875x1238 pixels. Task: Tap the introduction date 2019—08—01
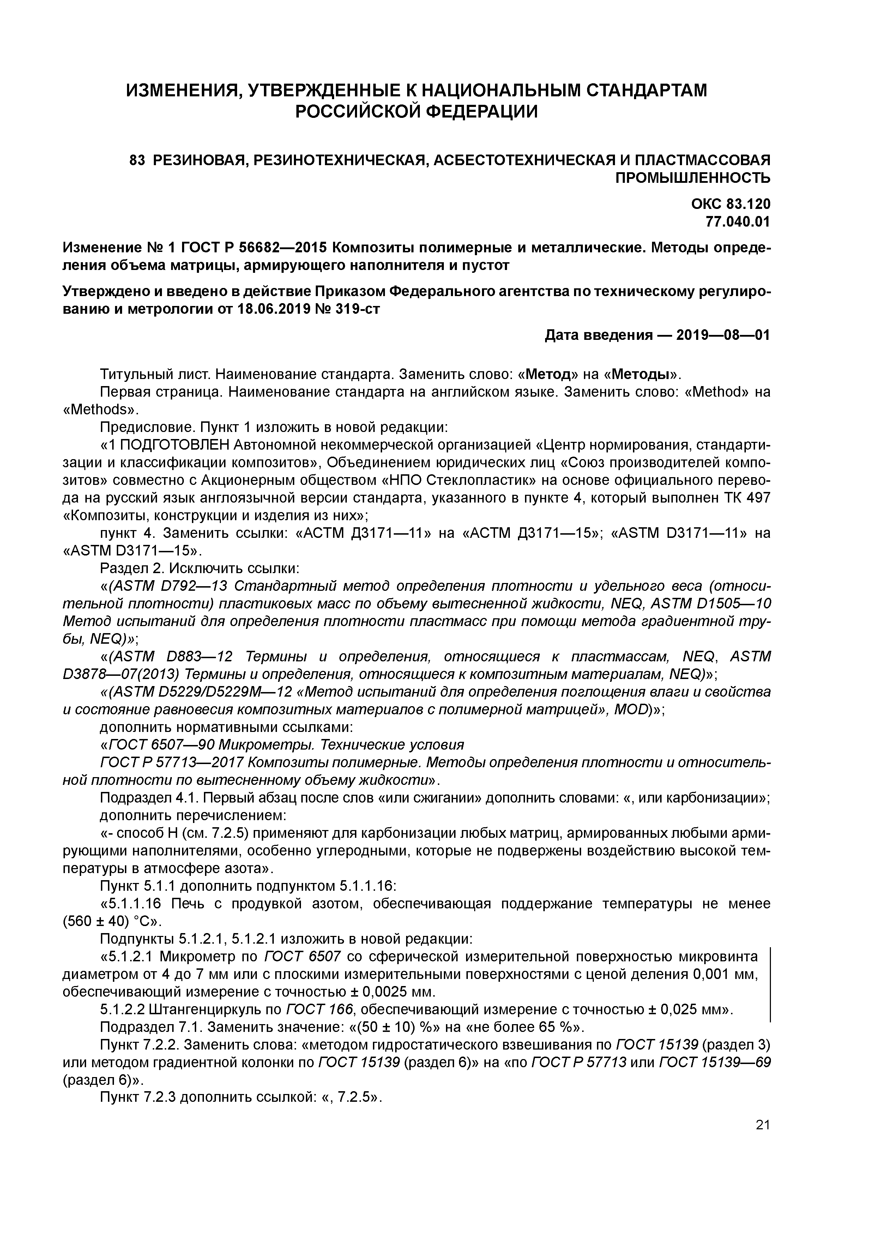[x=723, y=335]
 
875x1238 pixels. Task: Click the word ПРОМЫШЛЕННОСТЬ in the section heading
[x=693, y=178]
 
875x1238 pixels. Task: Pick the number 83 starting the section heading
[x=138, y=160]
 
